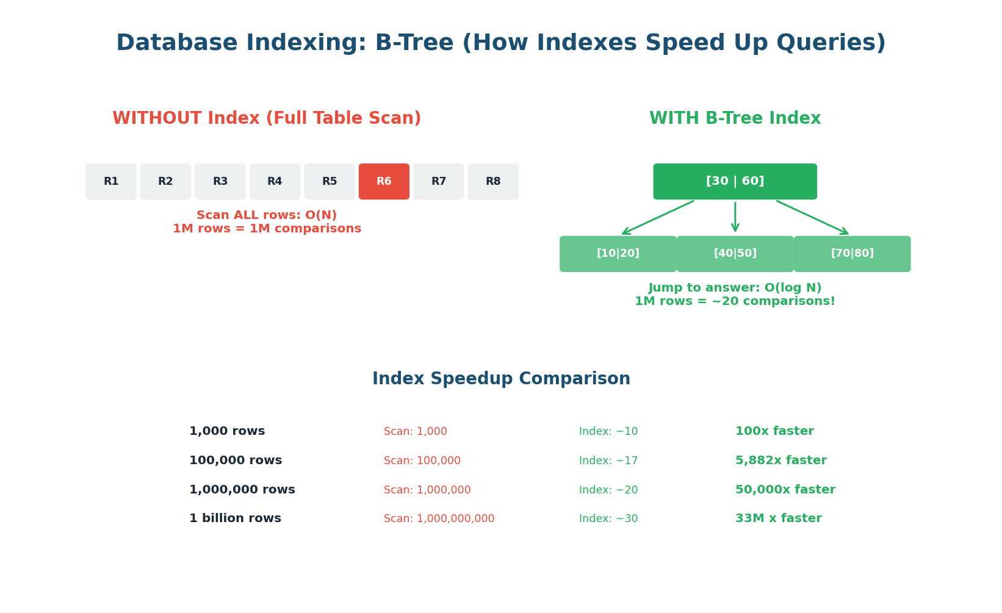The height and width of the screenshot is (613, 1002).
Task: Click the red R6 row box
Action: (384, 182)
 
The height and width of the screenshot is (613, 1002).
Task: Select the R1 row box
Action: (111, 182)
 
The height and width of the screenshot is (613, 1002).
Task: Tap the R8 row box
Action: (493, 182)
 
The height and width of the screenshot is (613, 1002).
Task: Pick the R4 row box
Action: (275, 182)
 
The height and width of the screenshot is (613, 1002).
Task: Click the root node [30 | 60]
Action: (735, 182)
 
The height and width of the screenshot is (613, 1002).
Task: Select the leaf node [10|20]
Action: (618, 254)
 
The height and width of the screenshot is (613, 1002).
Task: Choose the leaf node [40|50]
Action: (735, 254)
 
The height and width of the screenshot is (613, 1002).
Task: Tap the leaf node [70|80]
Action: (852, 254)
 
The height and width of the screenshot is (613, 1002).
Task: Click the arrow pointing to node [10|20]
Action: (658, 218)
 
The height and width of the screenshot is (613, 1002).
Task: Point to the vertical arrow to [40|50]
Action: (735, 217)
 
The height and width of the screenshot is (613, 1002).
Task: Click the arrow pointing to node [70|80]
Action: (812, 218)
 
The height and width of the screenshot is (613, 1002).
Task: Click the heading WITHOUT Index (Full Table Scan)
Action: (267, 119)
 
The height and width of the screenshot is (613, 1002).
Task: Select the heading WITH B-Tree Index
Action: (735, 119)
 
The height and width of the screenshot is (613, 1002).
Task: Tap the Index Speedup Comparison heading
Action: (501, 379)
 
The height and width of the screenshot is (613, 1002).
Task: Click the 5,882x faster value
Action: (780, 461)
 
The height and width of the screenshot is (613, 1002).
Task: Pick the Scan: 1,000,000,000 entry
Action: (439, 519)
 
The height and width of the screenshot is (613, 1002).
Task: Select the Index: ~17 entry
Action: (608, 461)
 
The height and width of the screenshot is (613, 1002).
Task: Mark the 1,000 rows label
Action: (227, 432)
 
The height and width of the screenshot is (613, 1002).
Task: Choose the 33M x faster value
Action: (778, 519)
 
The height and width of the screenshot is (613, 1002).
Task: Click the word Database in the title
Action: (176, 44)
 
